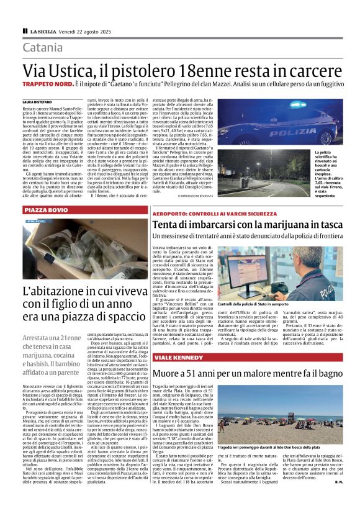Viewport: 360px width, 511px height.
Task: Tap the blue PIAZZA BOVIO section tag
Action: pos(47,210)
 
